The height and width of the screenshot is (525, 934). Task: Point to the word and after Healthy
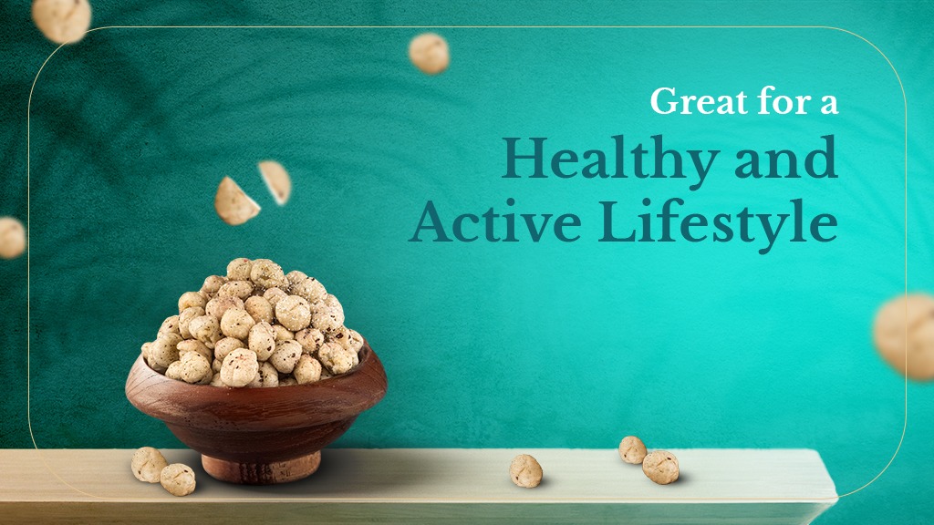(787, 160)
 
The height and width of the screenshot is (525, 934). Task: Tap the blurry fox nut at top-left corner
(61, 18)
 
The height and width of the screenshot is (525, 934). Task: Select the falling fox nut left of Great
(429, 53)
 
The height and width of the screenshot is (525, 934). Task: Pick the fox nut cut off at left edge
(10, 237)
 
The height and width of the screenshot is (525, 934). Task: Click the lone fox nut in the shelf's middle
(525, 469)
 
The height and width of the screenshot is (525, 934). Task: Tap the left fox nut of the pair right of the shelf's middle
(632, 449)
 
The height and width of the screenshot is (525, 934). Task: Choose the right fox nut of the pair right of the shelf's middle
(660, 467)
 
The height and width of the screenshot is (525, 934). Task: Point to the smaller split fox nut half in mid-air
(275, 181)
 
